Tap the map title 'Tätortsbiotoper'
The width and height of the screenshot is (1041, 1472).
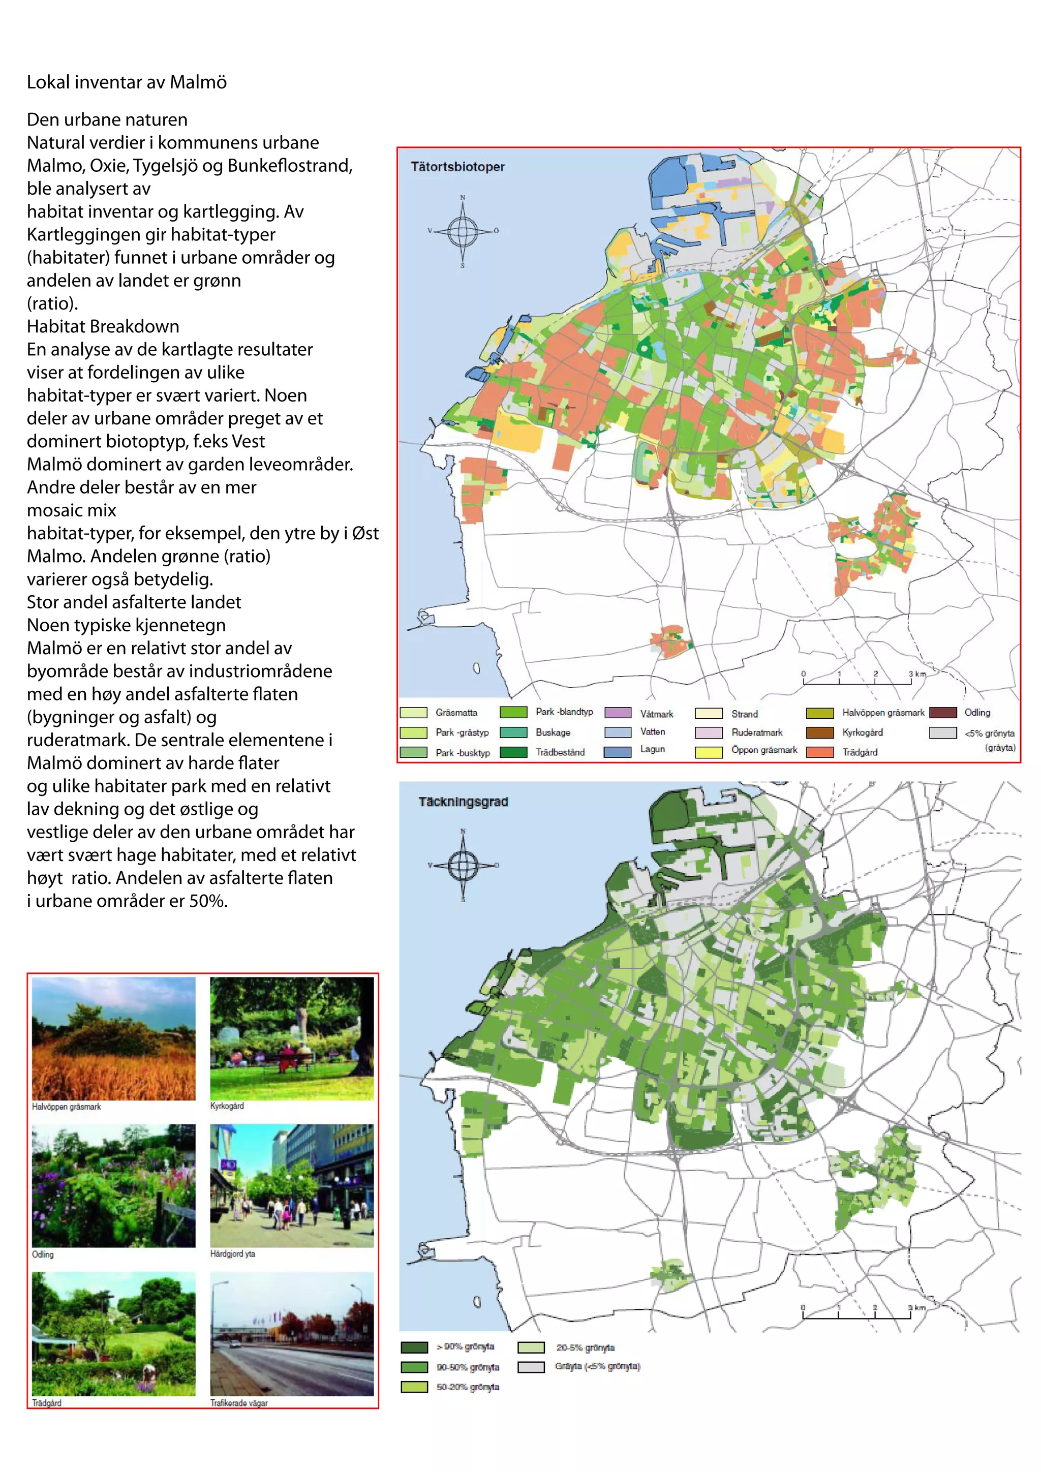[x=457, y=167]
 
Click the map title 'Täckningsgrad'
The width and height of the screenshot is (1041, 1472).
[x=463, y=802]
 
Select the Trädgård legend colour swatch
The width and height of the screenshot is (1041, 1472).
[x=819, y=752]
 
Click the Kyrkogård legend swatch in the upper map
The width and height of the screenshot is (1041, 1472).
[x=819, y=732]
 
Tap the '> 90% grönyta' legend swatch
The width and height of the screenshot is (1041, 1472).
[x=414, y=1347]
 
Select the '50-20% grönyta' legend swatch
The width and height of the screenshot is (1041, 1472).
[x=414, y=1387]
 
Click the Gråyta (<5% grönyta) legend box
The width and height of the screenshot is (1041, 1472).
[x=531, y=1367]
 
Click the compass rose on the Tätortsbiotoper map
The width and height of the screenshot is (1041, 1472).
[x=462, y=231]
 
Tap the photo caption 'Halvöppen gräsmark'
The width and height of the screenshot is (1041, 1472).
[x=66, y=1107]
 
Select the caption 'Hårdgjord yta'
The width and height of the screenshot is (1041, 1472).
[x=233, y=1253]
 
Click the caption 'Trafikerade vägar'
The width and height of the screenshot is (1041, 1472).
[x=238, y=1403]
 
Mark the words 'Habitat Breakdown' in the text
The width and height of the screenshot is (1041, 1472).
[x=103, y=326]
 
